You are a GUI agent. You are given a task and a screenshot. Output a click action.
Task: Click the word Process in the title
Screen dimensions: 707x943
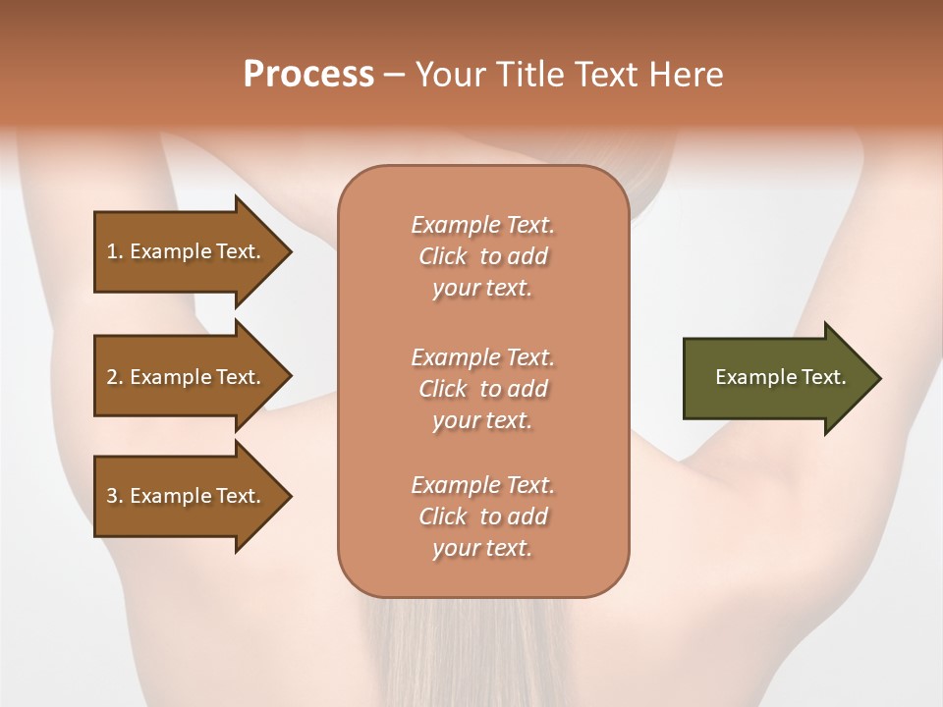tap(308, 74)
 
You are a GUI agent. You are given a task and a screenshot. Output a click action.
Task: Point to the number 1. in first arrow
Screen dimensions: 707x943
tap(114, 251)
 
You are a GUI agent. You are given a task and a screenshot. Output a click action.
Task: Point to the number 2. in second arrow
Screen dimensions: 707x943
tap(114, 377)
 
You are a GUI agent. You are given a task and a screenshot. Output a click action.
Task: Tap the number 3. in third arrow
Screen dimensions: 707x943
tap(114, 496)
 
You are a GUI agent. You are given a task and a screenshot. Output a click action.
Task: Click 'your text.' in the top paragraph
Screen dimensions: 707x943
tap(482, 289)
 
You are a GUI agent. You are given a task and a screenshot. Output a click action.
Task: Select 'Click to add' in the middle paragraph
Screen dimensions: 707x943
tap(482, 389)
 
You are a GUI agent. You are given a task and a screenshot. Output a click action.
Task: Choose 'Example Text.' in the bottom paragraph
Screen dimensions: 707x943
tap(482, 485)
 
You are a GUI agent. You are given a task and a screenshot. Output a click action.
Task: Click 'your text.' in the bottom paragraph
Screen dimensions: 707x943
tap(482, 548)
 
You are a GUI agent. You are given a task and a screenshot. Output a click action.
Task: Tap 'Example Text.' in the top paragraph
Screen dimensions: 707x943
tap(482, 225)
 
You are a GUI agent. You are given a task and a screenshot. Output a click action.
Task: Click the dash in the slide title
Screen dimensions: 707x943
tap(395, 75)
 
